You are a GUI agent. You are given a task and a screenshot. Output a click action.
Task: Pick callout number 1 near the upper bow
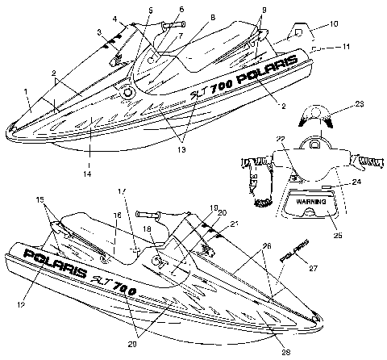point(27,91)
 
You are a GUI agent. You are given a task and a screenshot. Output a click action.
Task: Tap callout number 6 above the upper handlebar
point(180,9)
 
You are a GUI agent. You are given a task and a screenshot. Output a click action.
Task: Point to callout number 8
point(212,16)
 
